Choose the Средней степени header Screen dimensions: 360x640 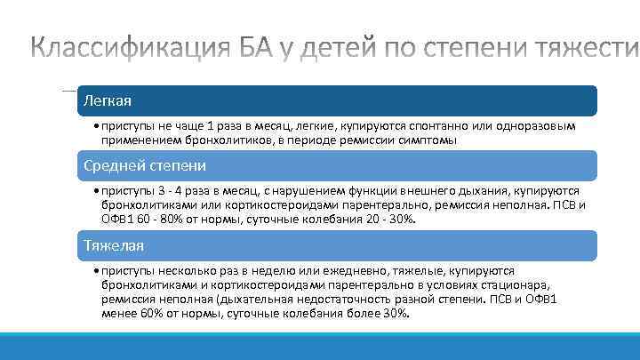pos(145,165)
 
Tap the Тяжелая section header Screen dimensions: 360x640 pos(114,244)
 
